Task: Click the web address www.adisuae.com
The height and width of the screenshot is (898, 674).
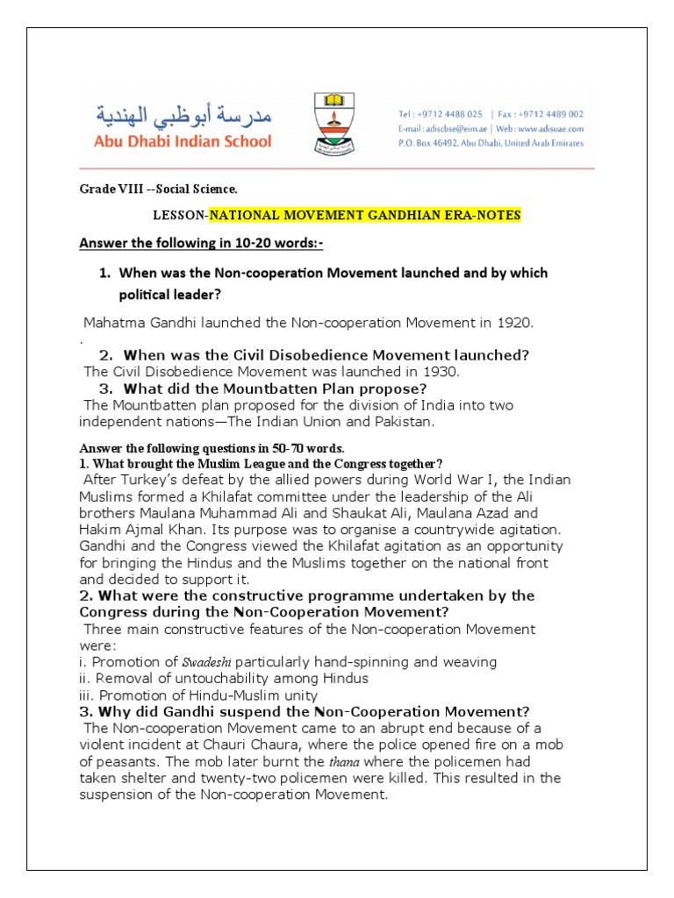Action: click(545, 128)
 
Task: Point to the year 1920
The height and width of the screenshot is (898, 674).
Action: click(513, 323)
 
